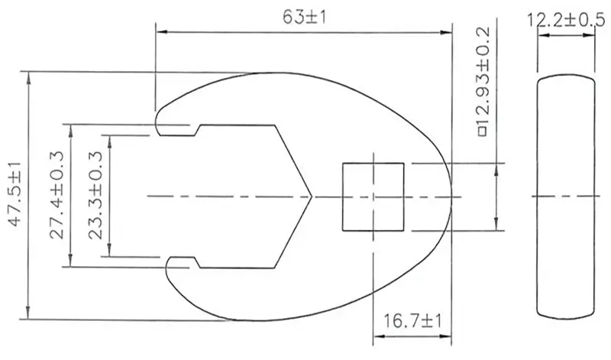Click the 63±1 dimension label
pos(304,17)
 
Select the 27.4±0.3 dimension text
pos(57,195)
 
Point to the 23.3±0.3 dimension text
pos(95,195)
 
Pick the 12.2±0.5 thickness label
pos(566,20)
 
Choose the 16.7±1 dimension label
pos(412,321)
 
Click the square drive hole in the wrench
pos(373,196)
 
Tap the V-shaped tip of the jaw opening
pos(312,196)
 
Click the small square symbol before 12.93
pos(483,131)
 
